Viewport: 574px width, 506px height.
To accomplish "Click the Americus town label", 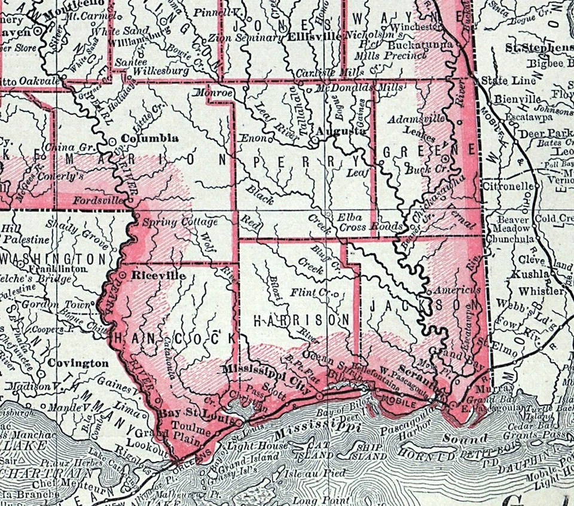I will click(457, 290).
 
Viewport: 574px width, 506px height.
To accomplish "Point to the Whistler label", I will click(541, 291).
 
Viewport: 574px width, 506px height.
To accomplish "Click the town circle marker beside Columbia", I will click(114, 141).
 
